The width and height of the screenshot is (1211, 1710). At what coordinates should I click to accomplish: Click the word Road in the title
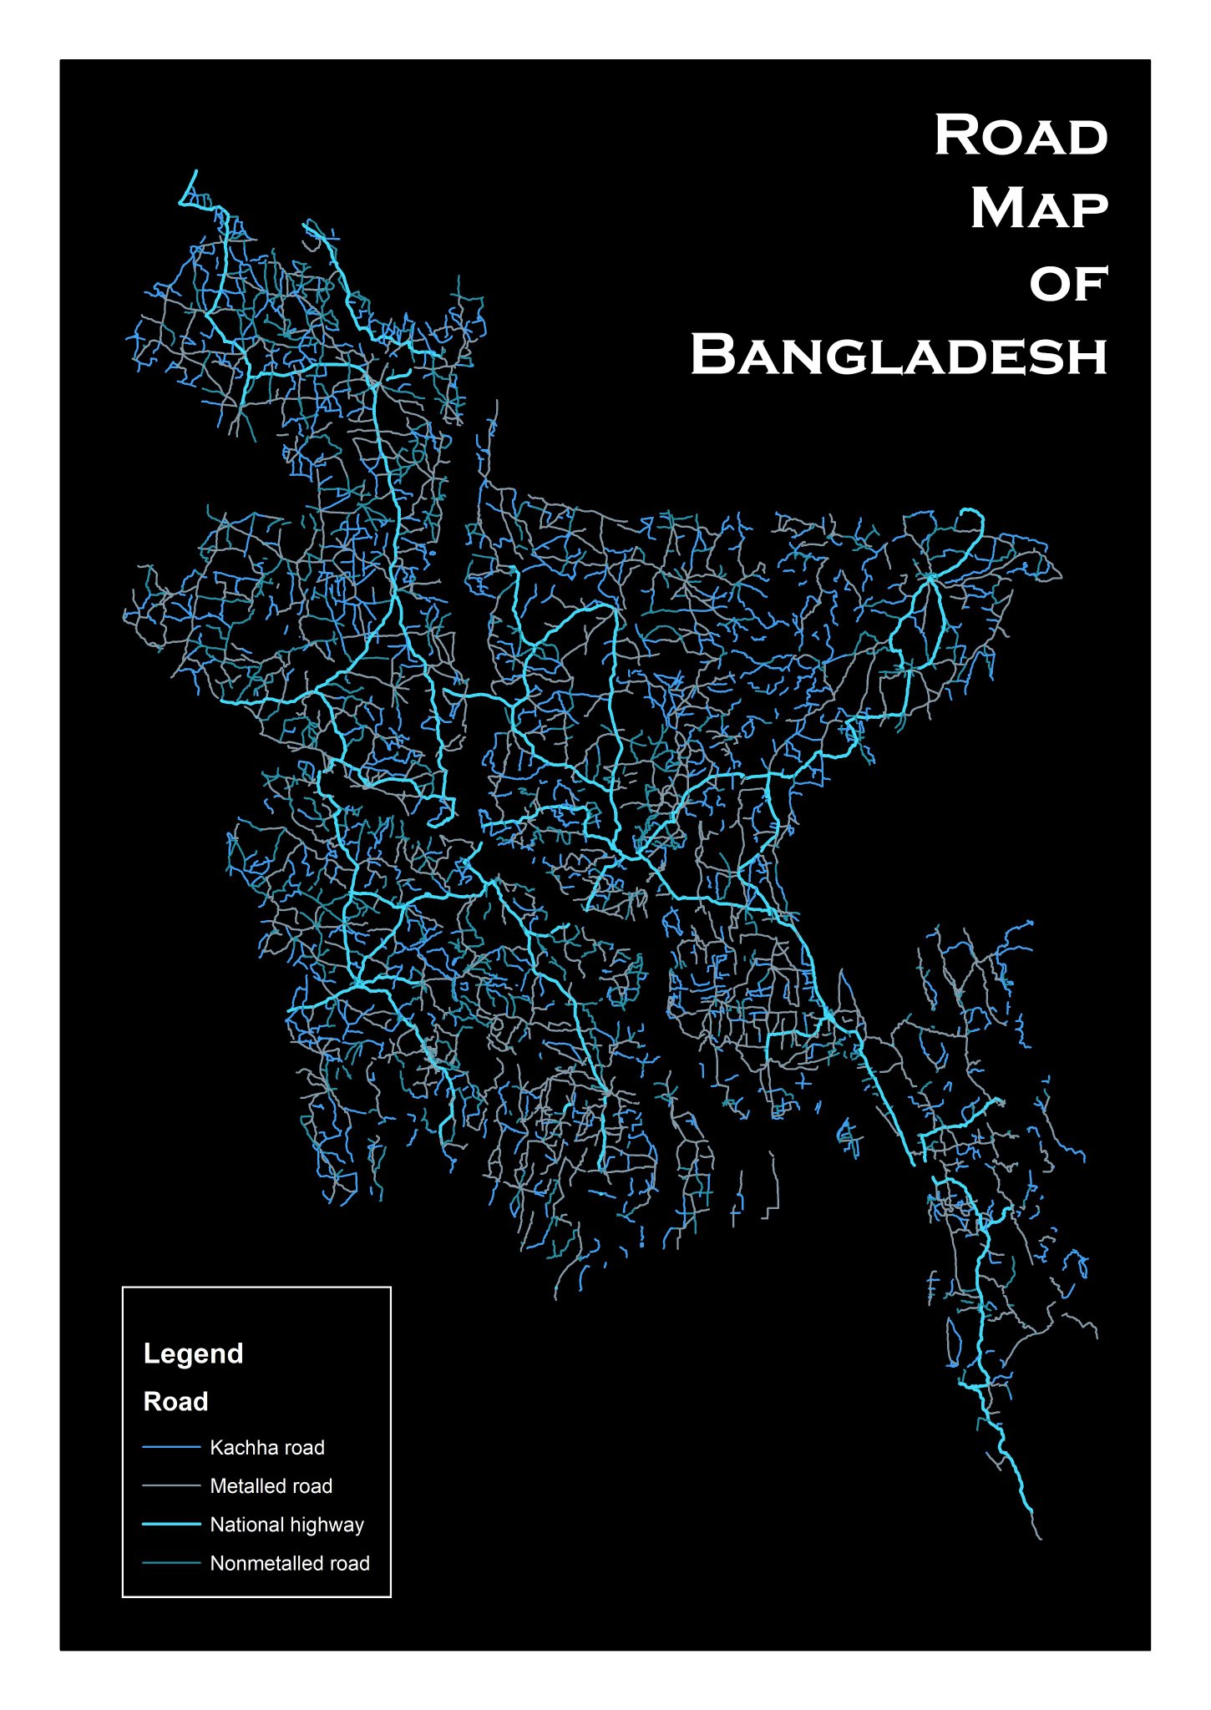(1021, 135)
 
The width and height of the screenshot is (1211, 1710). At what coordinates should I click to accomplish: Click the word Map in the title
(1039, 209)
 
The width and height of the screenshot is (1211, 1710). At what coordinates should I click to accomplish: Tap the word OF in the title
(1068, 284)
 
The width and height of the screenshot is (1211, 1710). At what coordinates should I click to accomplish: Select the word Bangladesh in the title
(899, 356)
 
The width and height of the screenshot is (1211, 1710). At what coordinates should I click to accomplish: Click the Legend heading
(193, 1353)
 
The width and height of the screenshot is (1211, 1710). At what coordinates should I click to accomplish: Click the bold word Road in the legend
(175, 1401)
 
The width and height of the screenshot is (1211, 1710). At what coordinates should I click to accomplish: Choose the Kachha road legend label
(266, 1448)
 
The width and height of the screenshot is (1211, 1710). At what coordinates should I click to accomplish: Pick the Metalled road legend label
(271, 1486)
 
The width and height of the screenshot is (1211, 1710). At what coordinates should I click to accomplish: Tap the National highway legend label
(286, 1525)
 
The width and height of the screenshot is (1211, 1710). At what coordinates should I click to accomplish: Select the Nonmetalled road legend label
(289, 1563)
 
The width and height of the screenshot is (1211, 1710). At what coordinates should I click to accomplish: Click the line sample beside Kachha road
(171, 1447)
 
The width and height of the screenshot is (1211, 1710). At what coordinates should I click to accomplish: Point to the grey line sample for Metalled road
(171, 1485)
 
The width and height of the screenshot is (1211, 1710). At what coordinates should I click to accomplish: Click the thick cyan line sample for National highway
(171, 1524)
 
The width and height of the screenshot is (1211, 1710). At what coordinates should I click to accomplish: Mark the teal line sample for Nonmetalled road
(171, 1562)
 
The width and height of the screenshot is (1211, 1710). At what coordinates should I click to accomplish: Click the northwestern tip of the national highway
(195, 172)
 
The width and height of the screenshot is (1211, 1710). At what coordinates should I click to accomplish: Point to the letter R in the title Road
(955, 135)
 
